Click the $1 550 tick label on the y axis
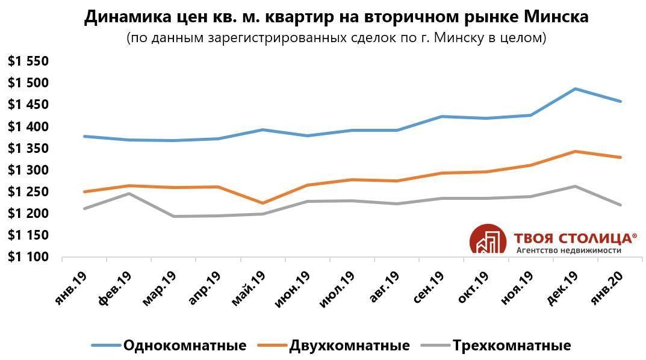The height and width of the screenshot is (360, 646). (28, 61)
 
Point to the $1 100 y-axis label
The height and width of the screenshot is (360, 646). (28, 257)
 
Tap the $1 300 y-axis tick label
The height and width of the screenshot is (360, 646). (28, 170)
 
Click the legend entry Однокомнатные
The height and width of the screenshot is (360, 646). (184, 346)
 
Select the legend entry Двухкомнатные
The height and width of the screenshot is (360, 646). (349, 346)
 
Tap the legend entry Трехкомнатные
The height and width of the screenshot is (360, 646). (511, 346)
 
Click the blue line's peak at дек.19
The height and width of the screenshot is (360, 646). (576, 89)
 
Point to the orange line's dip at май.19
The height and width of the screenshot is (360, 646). (263, 203)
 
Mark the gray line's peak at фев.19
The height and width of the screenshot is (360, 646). (128, 193)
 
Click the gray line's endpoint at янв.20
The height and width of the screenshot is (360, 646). (621, 205)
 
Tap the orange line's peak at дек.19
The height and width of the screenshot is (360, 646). (576, 151)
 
